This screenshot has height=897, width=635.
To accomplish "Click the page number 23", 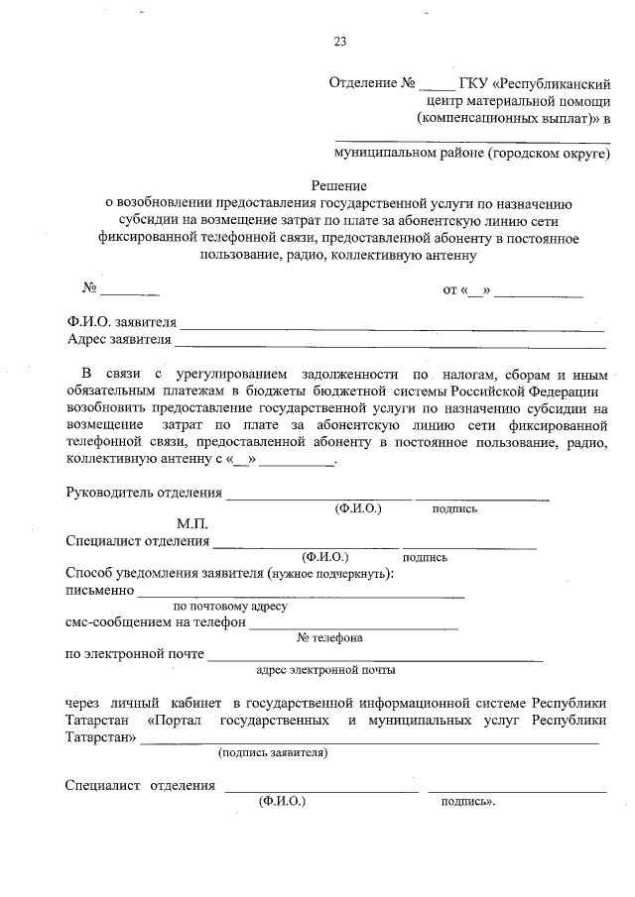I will click(x=340, y=41).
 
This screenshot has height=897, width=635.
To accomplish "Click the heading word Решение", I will click(x=340, y=185).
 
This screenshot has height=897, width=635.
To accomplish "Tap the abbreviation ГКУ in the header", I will click(x=475, y=82).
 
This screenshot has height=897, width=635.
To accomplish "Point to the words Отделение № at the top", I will click(x=371, y=82).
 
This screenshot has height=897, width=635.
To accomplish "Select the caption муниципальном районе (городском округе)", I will click(x=471, y=154).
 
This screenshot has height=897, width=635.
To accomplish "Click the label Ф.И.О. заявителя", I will click(x=122, y=322).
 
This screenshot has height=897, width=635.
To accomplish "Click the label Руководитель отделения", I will click(x=143, y=493).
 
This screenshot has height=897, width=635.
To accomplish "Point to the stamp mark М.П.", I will click(x=192, y=522).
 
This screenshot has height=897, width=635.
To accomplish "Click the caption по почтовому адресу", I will click(x=230, y=606).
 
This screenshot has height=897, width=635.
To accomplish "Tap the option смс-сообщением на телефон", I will click(x=155, y=623).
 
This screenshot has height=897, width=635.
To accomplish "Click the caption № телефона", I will click(x=329, y=638).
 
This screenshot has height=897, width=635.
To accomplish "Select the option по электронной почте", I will click(x=135, y=654).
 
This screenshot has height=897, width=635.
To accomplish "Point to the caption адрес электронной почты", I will click(x=325, y=670).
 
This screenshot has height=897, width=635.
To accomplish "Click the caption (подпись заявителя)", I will click(x=273, y=752).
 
